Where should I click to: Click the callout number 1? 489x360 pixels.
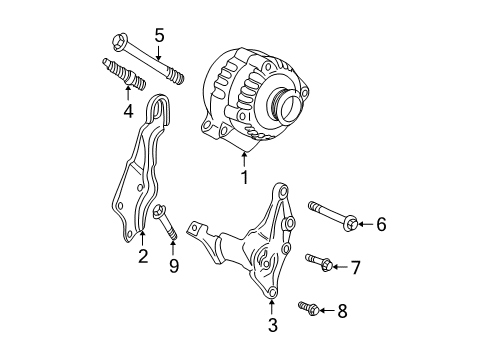(x=243, y=179)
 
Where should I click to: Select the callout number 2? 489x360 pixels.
(x=143, y=257)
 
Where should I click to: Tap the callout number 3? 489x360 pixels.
(x=272, y=324)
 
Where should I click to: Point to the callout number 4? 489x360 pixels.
(x=127, y=110)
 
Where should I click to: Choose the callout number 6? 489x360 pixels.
(x=380, y=225)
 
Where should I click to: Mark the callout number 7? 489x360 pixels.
(x=355, y=267)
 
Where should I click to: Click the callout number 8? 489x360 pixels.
(x=343, y=311)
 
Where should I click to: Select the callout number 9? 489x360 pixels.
(x=173, y=266)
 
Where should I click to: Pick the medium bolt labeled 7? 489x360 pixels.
(x=318, y=262)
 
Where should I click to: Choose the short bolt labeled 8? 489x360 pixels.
(x=309, y=308)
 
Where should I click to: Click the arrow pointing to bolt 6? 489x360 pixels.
(x=363, y=225)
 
